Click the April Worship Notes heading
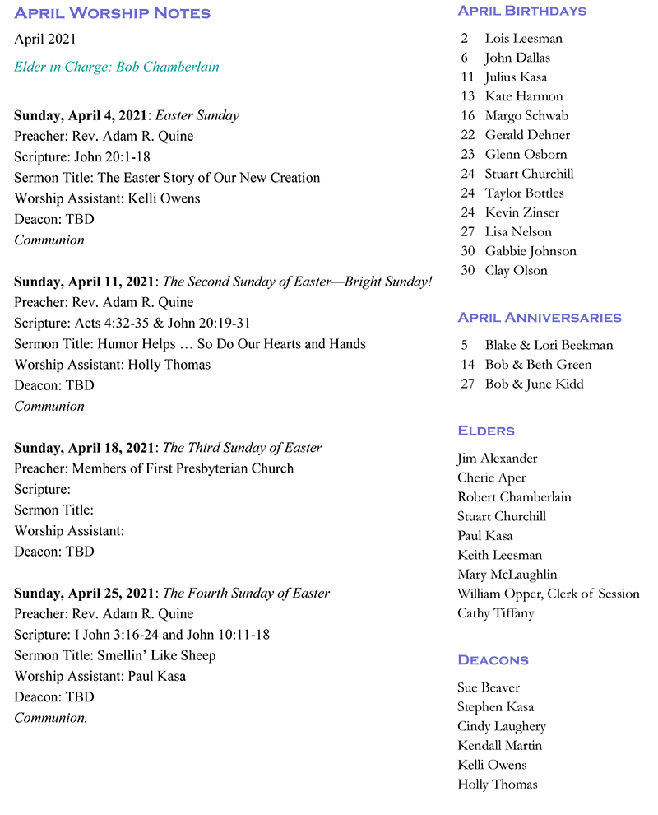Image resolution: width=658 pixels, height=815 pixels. [112, 13]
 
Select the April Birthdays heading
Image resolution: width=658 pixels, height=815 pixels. [521, 11]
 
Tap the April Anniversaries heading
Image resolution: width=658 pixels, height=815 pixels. [539, 318]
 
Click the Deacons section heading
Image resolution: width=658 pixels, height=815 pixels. [493, 660]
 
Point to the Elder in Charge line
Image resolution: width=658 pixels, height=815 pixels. [117, 67]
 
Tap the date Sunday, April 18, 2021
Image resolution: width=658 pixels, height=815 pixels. [84, 448]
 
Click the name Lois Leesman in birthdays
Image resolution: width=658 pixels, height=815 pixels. [523, 39]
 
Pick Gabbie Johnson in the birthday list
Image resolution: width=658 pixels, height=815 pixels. [531, 251]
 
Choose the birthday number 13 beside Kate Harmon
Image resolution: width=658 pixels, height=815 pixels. [468, 96]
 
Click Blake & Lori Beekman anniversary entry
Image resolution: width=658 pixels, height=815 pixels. [549, 346]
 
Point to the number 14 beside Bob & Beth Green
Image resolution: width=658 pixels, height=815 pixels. [468, 365]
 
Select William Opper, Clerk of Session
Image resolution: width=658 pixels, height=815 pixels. [548, 594]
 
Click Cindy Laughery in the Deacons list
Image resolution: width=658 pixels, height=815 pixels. [501, 726]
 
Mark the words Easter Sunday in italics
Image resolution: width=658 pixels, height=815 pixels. [201, 115]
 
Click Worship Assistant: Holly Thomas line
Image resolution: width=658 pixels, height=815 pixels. [112, 365]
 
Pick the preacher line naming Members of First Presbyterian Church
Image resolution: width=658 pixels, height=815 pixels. [154, 468]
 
